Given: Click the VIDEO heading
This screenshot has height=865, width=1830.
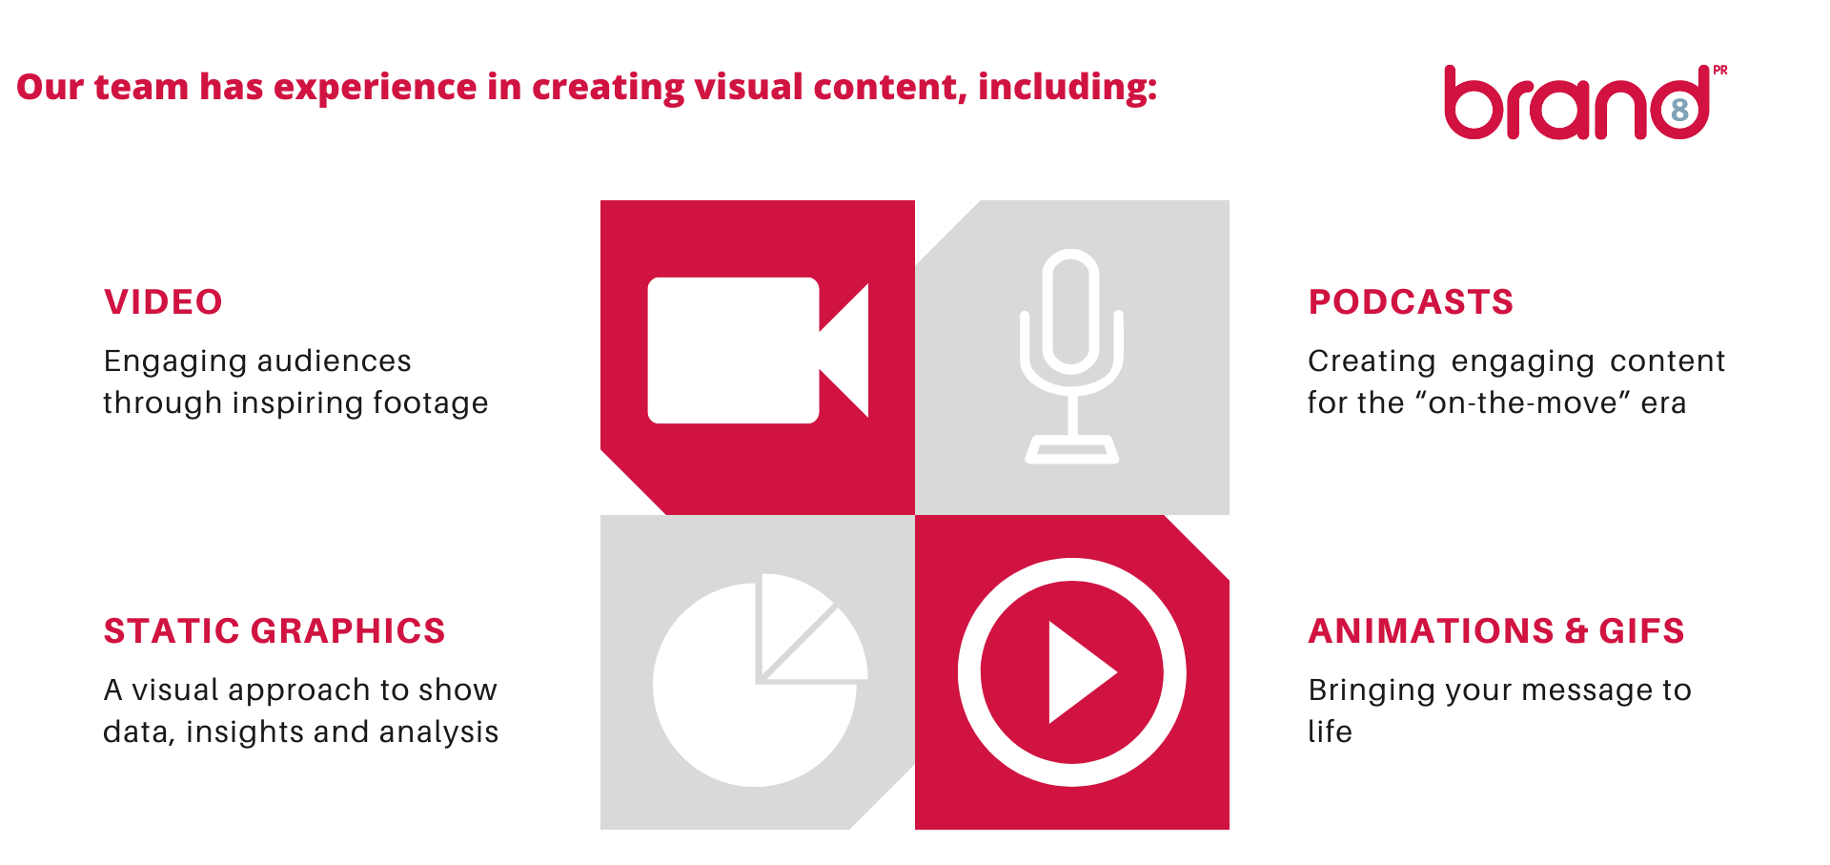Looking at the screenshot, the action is pyautogui.click(x=163, y=302).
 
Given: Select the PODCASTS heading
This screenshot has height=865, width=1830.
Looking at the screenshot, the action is pyautogui.click(x=1411, y=302).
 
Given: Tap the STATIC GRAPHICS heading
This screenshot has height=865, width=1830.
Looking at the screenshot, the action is pyautogui.click(x=274, y=631).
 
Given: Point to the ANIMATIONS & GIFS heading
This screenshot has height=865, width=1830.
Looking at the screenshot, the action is pyautogui.click(x=1496, y=631).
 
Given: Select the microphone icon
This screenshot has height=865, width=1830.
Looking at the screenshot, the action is pyautogui.click(x=1071, y=357).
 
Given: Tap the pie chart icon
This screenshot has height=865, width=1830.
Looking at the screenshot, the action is pyautogui.click(x=760, y=680).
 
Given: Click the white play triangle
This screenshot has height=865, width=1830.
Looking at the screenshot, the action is pyautogui.click(x=1081, y=672).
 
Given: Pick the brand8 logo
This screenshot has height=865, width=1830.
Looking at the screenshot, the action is pyautogui.click(x=1585, y=102).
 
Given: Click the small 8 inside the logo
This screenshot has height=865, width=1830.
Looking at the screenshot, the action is pyautogui.click(x=1680, y=110).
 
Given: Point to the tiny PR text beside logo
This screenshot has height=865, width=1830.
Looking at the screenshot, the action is pyautogui.click(x=1720, y=70).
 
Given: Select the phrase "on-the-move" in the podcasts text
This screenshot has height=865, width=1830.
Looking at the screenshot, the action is pyautogui.click(x=1523, y=403).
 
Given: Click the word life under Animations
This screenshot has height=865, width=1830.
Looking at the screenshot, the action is pyautogui.click(x=1330, y=731).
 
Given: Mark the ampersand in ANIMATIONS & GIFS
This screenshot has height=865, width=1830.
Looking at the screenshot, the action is pyautogui.click(x=1576, y=631).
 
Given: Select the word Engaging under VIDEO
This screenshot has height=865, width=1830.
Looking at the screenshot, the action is pyautogui.click(x=174, y=361).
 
